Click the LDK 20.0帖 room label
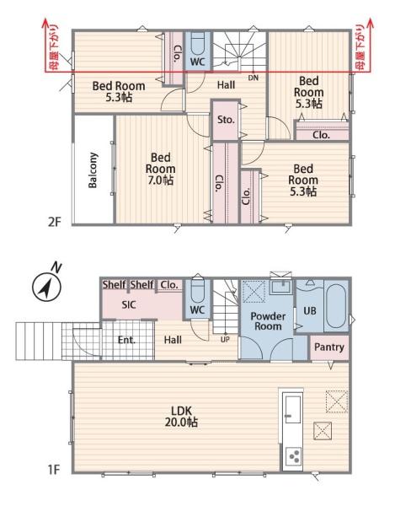point(181,417)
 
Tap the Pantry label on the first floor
point(329,347)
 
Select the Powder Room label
point(268,321)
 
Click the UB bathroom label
point(310,310)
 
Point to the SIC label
point(129,304)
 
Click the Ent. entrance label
point(126,340)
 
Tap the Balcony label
point(93,170)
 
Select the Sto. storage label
point(226,120)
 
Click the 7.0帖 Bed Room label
point(160,169)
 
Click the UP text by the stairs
point(225,340)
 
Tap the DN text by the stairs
point(254,78)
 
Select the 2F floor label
point(55,222)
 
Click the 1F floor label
point(55,470)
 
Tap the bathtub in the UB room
point(336,306)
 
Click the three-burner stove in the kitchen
point(294,457)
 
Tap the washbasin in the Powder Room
point(282,287)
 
